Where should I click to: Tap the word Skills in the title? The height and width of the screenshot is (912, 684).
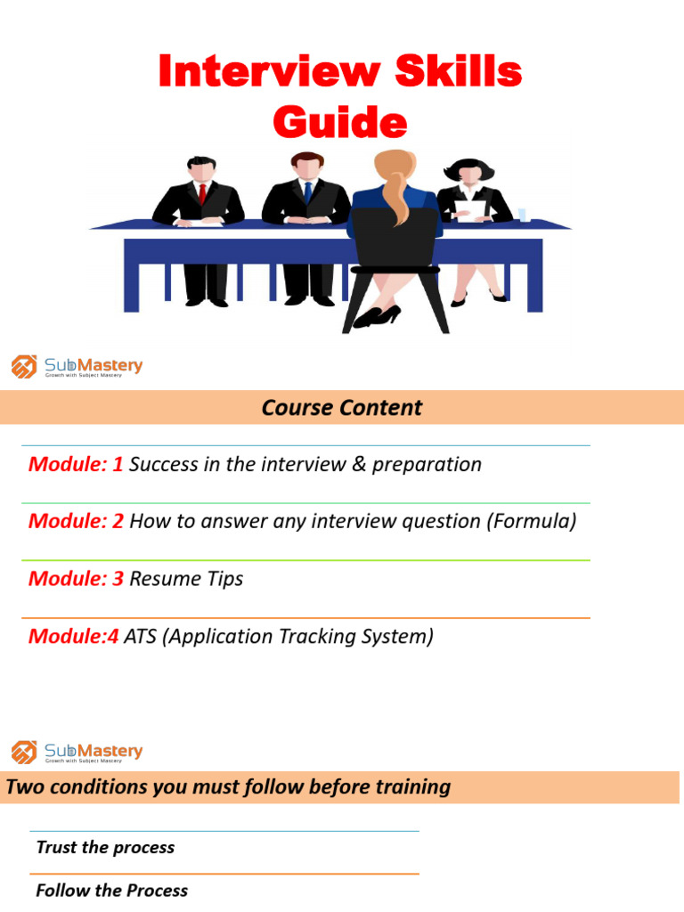[453, 72]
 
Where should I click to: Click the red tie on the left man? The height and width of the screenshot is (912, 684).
[203, 194]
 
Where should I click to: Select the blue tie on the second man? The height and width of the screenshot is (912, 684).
[306, 192]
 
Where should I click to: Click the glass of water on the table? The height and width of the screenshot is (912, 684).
[524, 215]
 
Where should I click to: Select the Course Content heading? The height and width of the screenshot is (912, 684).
[341, 408]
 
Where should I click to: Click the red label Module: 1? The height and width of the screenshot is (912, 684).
[76, 464]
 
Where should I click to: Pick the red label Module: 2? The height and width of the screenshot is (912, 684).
[76, 521]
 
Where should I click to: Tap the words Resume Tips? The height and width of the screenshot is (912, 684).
[186, 579]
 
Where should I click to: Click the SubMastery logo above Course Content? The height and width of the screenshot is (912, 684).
[77, 367]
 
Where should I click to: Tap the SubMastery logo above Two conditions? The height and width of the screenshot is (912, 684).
[77, 753]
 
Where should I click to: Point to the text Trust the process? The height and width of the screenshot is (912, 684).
[105, 847]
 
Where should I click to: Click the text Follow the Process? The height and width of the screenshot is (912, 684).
[111, 890]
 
